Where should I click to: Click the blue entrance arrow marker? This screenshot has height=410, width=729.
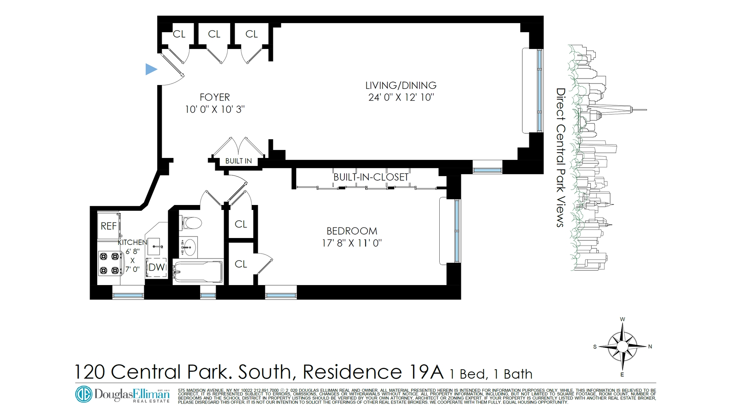151,69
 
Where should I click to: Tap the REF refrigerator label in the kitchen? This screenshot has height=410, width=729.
108,226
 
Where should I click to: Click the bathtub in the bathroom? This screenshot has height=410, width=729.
198,271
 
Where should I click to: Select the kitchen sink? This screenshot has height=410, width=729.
155,247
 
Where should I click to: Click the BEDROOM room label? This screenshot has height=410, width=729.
352,231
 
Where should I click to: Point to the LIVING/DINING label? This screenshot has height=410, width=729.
401,85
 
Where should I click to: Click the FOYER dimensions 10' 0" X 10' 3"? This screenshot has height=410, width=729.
215,109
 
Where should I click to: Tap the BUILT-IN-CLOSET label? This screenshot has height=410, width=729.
371,177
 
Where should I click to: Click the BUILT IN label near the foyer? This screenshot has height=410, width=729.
238,161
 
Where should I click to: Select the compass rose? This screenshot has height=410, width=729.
622,346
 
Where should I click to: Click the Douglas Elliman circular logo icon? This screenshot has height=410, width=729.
84,394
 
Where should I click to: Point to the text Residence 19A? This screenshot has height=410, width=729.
373,371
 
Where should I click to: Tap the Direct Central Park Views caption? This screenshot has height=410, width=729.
561,158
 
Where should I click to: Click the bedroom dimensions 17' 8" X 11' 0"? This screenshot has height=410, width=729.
352,243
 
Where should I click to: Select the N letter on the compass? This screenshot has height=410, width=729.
650,346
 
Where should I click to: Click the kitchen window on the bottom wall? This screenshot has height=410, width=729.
128,295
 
